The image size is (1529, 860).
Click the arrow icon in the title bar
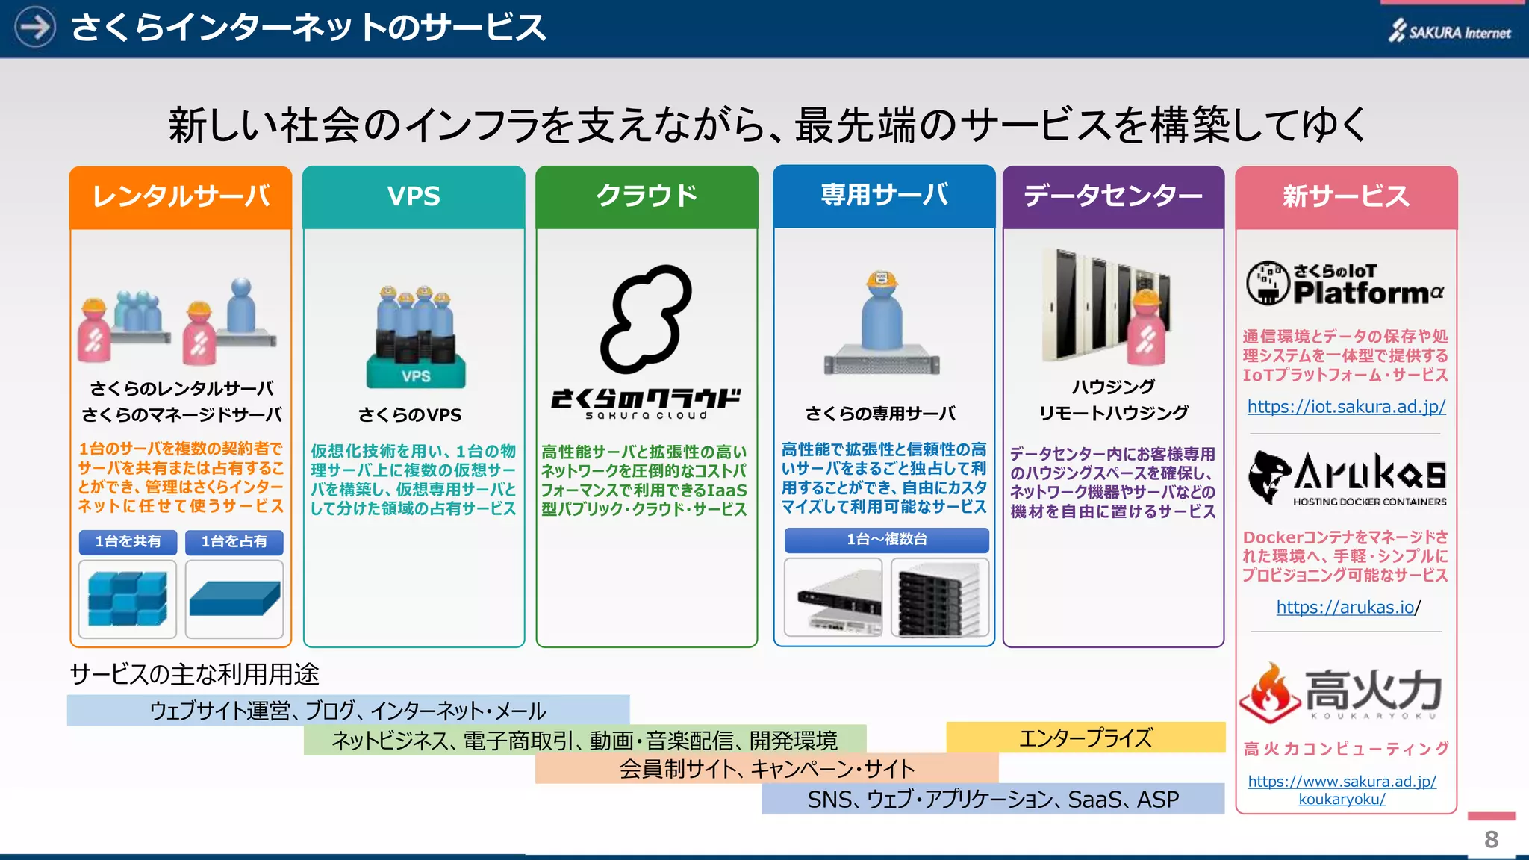click(x=34, y=27)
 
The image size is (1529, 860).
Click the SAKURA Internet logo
click(x=1449, y=31)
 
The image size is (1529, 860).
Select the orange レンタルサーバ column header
click(x=181, y=196)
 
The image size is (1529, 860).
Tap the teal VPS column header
click(x=414, y=196)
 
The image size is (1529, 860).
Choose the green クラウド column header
click(x=647, y=196)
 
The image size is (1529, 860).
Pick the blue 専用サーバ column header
click(x=884, y=196)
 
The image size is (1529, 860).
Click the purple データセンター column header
click(x=1113, y=196)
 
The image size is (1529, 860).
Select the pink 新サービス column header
click(x=1346, y=197)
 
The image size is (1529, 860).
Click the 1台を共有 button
click(x=128, y=541)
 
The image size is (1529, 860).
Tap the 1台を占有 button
click(x=234, y=541)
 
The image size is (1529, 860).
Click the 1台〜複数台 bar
click(x=886, y=539)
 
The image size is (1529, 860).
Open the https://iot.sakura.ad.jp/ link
click(x=1346, y=407)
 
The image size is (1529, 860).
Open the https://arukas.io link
click(x=1345, y=607)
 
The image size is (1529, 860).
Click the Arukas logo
click(x=1347, y=478)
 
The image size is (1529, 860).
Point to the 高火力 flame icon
click(x=1267, y=693)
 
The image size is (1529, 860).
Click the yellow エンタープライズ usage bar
click(x=1086, y=738)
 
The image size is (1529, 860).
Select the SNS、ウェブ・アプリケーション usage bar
click(x=992, y=799)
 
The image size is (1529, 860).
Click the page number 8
click(x=1491, y=839)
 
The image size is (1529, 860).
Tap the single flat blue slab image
click(x=234, y=599)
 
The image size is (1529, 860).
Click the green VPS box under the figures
click(x=416, y=373)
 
